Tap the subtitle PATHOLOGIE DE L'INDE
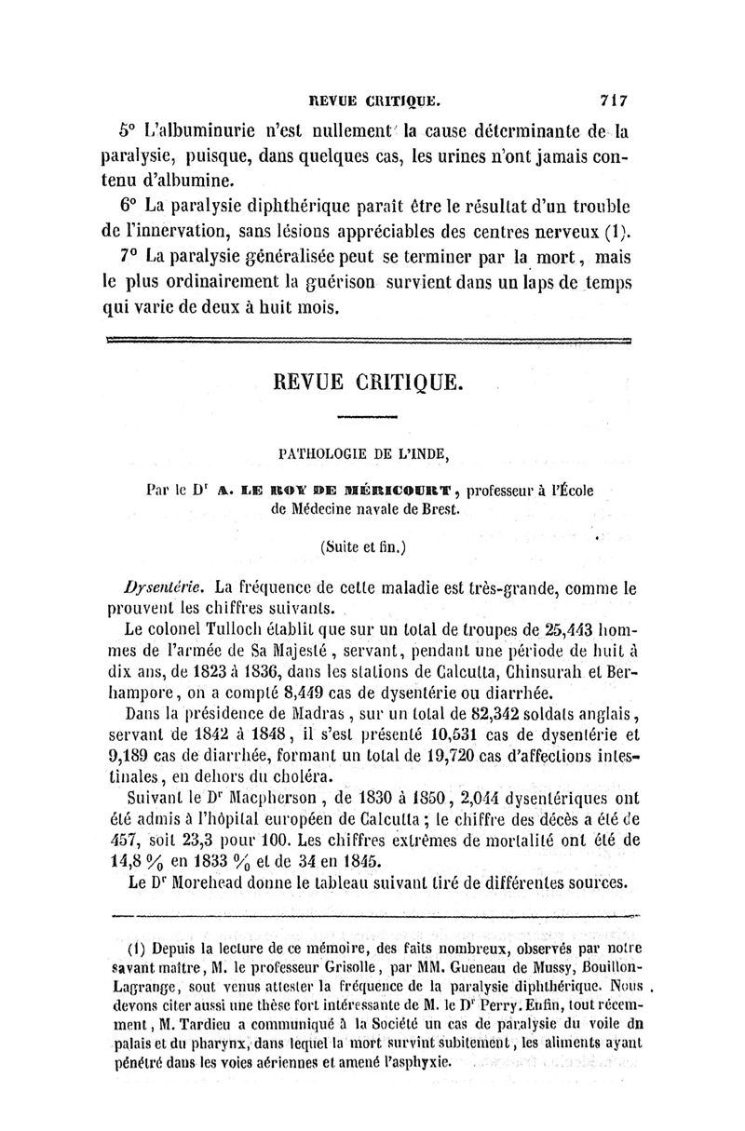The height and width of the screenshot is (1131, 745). click(365, 454)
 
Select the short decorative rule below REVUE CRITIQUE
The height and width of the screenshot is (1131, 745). click(367, 417)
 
